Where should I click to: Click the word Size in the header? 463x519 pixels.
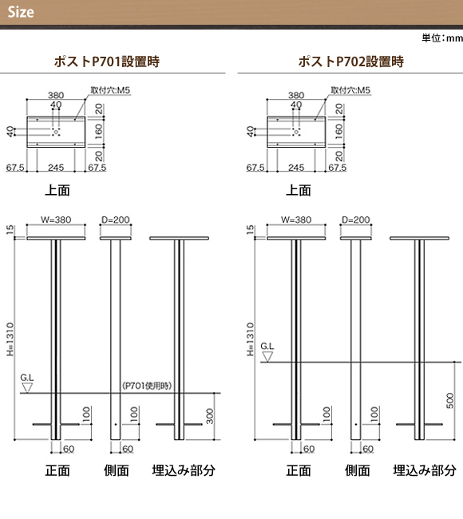tap(21, 12)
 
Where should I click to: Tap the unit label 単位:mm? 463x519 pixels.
tap(442, 38)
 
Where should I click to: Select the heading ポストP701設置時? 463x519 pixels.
tap(106, 61)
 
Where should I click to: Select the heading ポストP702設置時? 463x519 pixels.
tap(350, 61)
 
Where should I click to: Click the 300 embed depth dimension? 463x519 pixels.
tap(210, 416)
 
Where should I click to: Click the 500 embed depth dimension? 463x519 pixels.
tap(450, 401)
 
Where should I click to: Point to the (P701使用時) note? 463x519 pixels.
tap(147, 386)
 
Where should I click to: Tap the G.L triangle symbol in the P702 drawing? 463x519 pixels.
tap(267, 356)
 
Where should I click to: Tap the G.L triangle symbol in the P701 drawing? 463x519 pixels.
tap(27, 387)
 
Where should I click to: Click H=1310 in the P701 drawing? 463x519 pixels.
tap(10, 339)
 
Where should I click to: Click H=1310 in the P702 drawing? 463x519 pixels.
tap(251, 339)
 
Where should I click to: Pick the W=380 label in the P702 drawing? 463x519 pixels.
tap(296, 220)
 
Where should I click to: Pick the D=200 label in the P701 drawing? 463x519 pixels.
tap(116, 220)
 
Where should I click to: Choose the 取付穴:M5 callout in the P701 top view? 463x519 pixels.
tap(110, 90)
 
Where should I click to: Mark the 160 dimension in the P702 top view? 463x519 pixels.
tap(338, 132)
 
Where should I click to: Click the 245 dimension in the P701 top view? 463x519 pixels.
tap(56, 168)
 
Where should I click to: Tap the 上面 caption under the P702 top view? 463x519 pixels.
tap(299, 190)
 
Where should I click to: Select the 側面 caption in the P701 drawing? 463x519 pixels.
tap(117, 470)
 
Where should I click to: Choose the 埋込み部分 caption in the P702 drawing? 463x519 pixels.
tap(425, 470)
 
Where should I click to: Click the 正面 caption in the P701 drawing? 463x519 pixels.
tap(57, 470)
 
